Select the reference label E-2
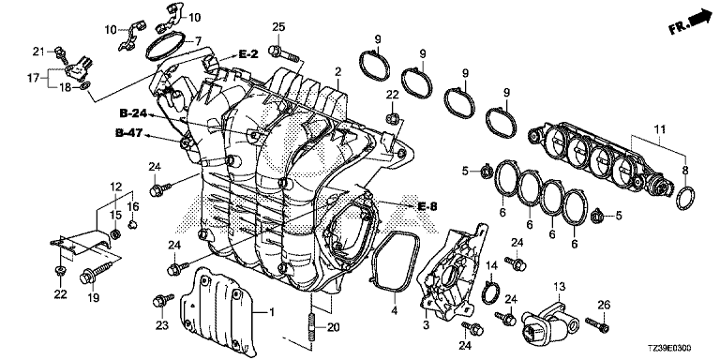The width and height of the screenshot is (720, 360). click(247, 54)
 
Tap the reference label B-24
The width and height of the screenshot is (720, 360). click(133, 112)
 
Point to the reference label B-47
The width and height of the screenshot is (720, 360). click(129, 134)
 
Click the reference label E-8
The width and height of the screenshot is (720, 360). click(427, 206)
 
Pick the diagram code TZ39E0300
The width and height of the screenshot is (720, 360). click(673, 349)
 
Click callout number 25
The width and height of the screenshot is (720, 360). click(278, 27)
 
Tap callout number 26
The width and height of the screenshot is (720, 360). click(604, 304)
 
